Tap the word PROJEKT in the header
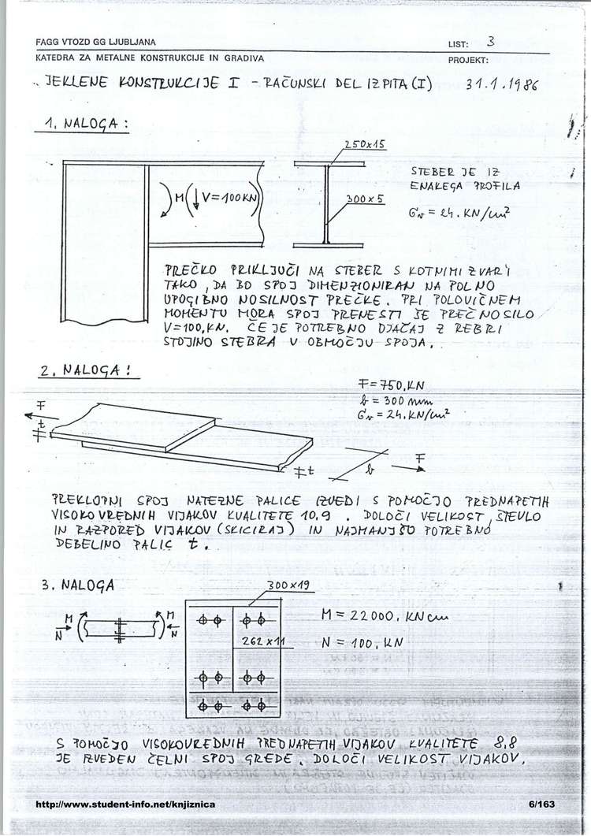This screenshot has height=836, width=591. point(469,60)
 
